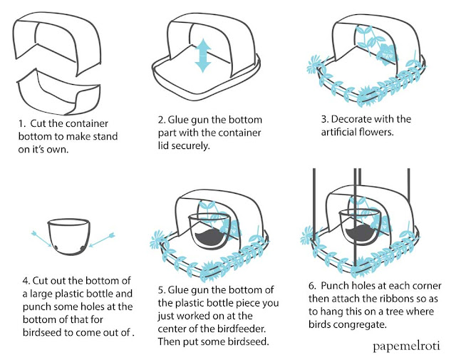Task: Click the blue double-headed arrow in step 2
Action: [x=204, y=55]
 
